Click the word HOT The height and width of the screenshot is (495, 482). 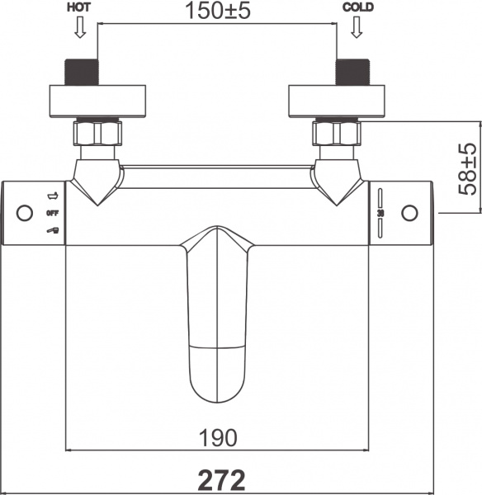tap(79, 7)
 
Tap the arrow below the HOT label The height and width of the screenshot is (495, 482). tap(79, 29)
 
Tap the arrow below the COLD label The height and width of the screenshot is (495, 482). tap(357, 29)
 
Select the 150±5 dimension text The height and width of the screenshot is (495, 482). tap(217, 12)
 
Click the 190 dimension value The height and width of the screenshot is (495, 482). tap(218, 436)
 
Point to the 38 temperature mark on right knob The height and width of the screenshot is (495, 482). tap(380, 213)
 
